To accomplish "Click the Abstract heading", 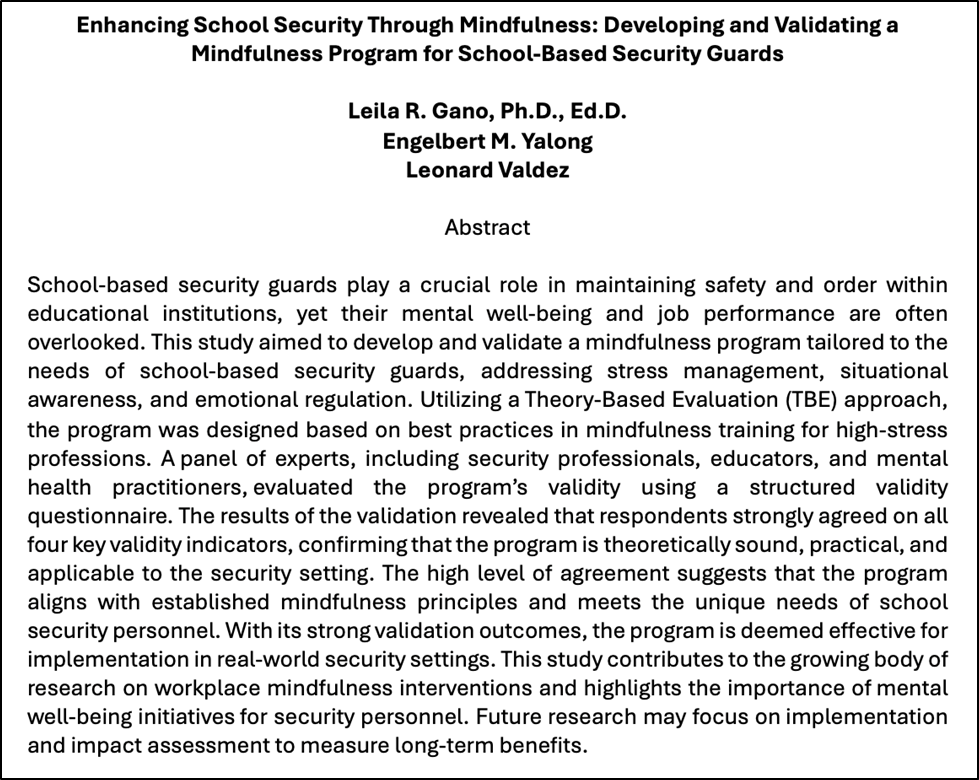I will (488, 227).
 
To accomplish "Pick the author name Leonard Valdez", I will (488, 170).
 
